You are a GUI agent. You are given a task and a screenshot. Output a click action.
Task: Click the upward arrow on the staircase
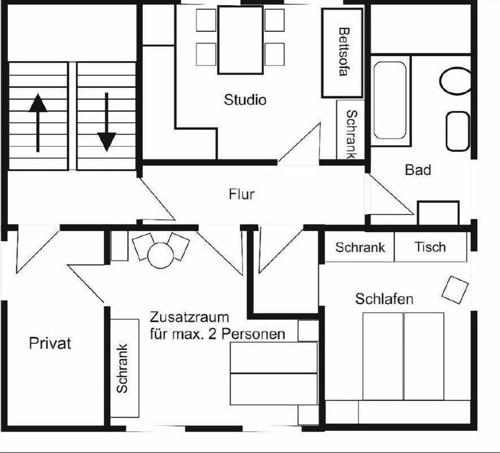click(x=37, y=122)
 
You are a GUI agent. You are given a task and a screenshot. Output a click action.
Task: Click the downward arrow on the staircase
click(x=106, y=122)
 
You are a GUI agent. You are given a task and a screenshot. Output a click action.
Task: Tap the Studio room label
click(x=245, y=99)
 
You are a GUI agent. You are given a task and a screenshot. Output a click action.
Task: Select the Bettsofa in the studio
click(x=342, y=53)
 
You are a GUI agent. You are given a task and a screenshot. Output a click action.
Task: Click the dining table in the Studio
click(x=240, y=40)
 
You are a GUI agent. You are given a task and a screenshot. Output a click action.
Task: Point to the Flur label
click(x=242, y=194)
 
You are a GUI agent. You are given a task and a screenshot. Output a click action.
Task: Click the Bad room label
click(x=418, y=170)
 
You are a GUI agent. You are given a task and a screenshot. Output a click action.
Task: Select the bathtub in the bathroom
click(x=390, y=100)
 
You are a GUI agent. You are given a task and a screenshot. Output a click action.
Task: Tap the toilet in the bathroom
click(x=456, y=81)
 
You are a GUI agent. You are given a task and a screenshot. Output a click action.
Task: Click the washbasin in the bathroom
click(x=458, y=131)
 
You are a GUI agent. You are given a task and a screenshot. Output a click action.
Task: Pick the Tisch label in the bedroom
click(x=430, y=247)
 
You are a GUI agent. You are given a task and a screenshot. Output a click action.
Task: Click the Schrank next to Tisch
click(x=360, y=247)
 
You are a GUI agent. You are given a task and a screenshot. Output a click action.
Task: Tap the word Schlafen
click(x=384, y=299)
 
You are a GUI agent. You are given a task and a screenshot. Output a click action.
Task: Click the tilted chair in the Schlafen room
click(x=455, y=290)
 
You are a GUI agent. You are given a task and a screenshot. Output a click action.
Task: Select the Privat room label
click(x=50, y=344)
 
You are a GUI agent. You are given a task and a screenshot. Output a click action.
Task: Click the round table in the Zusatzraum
click(x=160, y=256)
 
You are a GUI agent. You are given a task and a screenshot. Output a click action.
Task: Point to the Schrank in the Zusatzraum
click(x=124, y=368)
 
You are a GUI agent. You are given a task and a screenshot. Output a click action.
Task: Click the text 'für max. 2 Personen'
click(x=217, y=334)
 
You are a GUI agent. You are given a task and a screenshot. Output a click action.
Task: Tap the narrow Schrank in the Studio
click(x=351, y=134)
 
